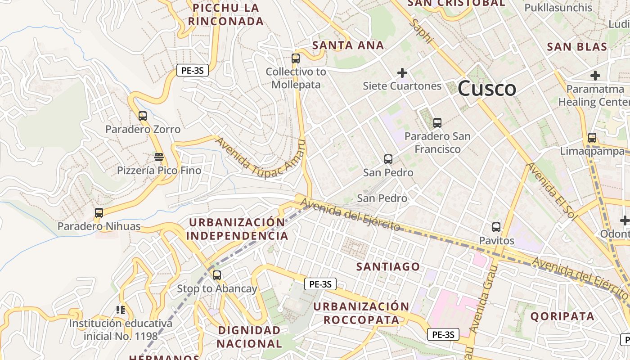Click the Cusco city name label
tap(487, 88)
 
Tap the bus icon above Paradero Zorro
tap(143, 116)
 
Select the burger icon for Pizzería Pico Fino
tap(158, 157)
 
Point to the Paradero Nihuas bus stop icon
tap(99, 213)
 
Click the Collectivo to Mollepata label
tap(296, 78)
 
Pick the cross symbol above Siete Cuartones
tap(402, 72)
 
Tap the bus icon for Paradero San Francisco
tap(437, 123)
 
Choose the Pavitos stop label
tap(496, 241)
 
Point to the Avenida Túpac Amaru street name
tap(260, 158)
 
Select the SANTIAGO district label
tap(388, 267)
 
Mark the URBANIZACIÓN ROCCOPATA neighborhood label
tap(361, 313)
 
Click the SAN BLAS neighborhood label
tap(577, 47)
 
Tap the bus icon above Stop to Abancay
tap(217, 275)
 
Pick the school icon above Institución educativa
tap(120, 310)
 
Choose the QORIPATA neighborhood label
tap(562, 316)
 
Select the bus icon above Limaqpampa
tap(592, 138)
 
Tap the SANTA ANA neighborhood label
tap(348, 45)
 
